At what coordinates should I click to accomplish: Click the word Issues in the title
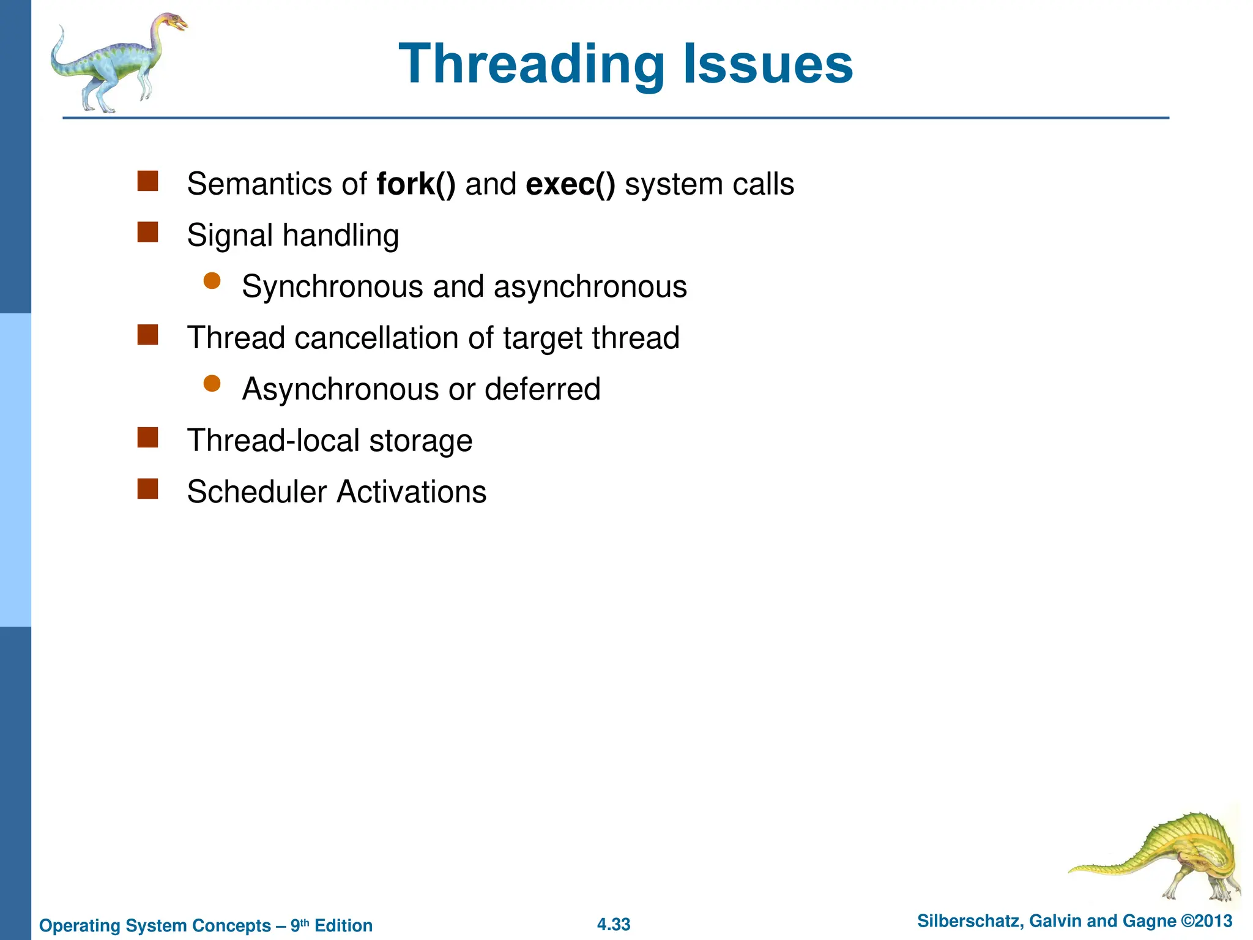767,65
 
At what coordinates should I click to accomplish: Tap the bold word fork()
416,184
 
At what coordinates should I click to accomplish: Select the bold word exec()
570,184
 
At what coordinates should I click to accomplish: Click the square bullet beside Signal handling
148,233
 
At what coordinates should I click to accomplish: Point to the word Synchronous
332,287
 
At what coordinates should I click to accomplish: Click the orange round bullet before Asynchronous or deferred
212,384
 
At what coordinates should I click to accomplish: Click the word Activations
412,492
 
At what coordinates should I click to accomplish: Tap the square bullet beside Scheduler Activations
148,489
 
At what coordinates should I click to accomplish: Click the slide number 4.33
614,924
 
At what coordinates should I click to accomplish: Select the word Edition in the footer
343,925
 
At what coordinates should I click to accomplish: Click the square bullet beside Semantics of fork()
148,181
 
